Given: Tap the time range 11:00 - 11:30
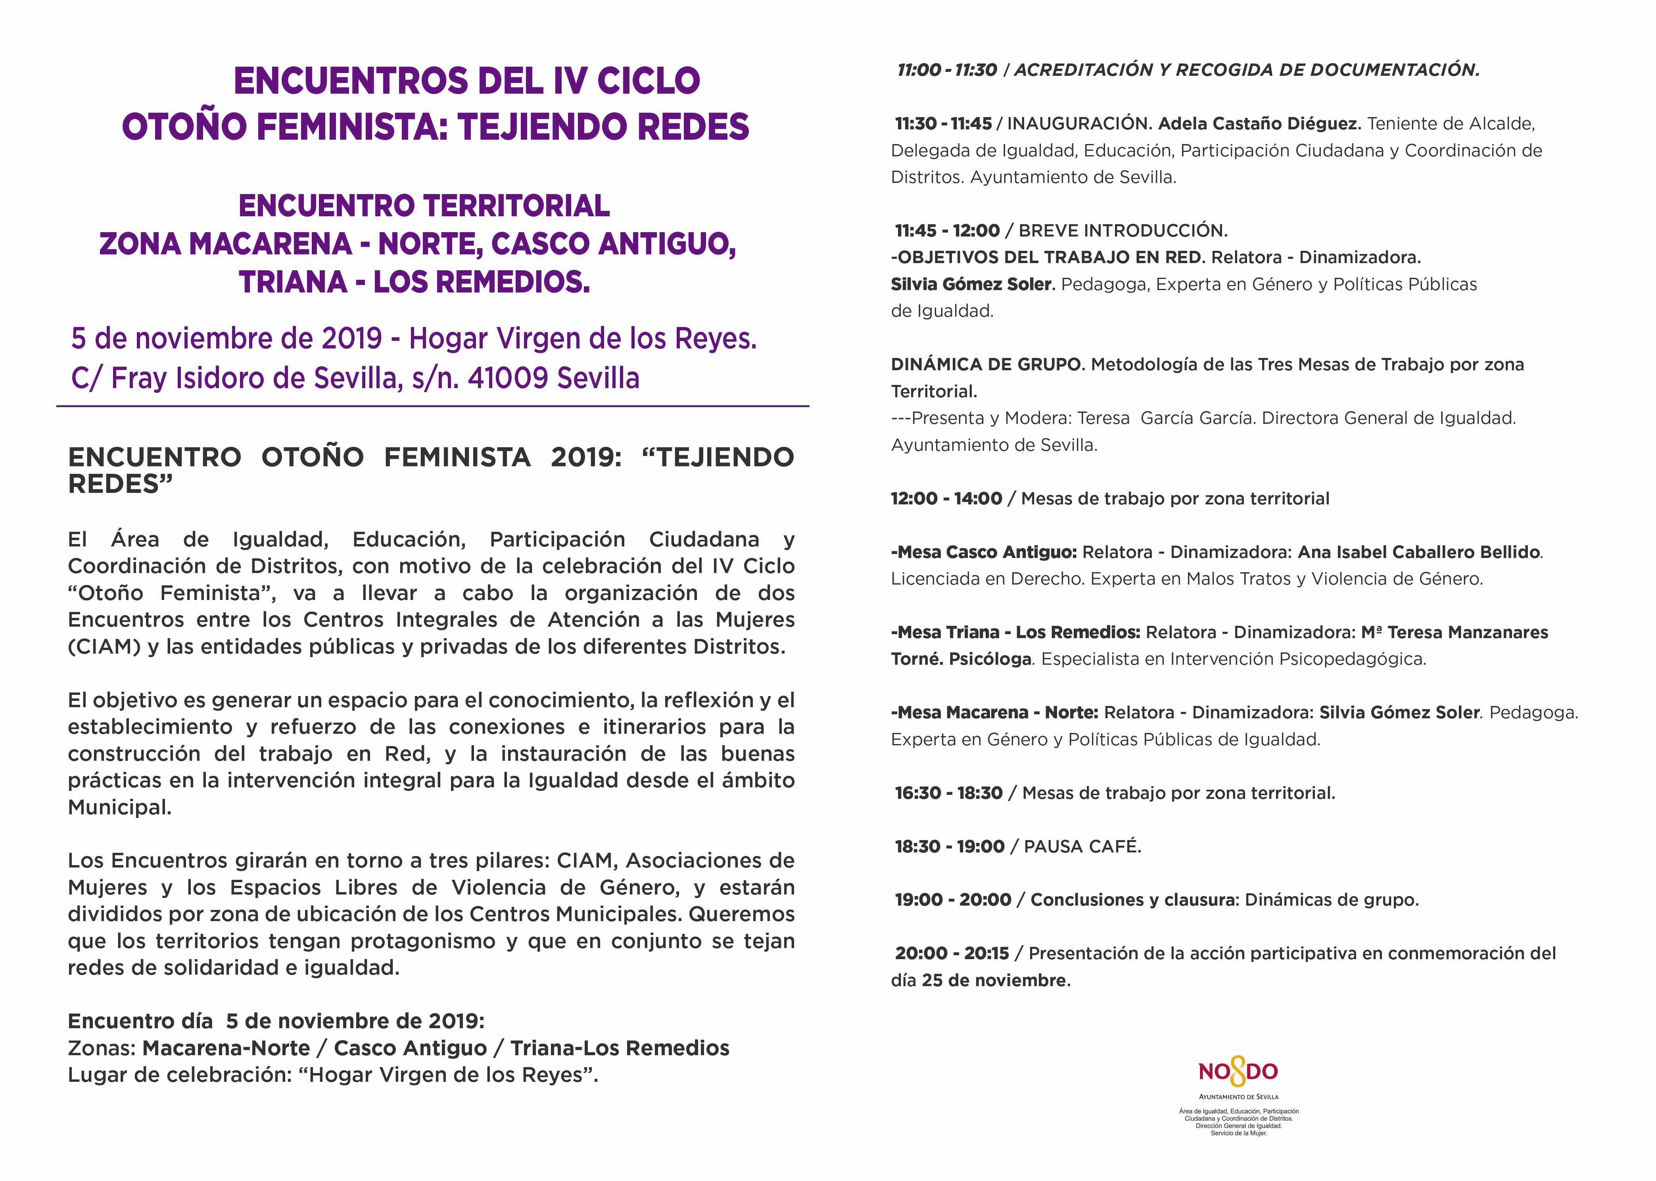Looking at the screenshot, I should [x=946, y=70].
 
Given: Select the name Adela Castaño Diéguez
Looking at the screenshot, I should [x=1258, y=124].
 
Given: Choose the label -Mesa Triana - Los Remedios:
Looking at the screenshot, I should [x=1015, y=632].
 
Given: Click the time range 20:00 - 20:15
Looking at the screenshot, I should [x=952, y=953].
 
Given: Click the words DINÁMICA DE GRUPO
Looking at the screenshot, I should [x=986, y=364].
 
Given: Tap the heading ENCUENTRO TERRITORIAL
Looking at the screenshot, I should [x=424, y=206].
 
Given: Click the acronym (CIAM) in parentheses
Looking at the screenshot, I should [x=104, y=646].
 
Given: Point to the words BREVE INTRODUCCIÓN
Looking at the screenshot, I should [x=1123, y=231].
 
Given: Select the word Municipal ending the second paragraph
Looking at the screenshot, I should [x=119, y=807].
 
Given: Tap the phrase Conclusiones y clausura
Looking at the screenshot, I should [x=1132, y=900].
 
